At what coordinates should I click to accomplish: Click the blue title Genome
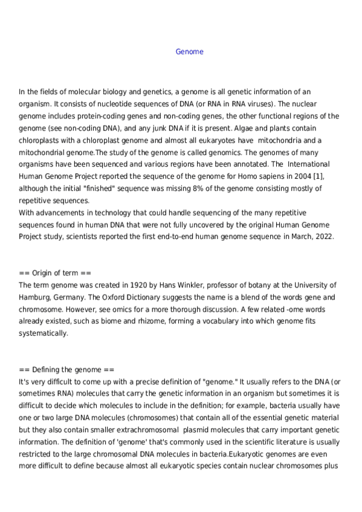pyautogui.click(x=189, y=52)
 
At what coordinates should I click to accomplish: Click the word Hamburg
pyautogui.click(x=34, y=297)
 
